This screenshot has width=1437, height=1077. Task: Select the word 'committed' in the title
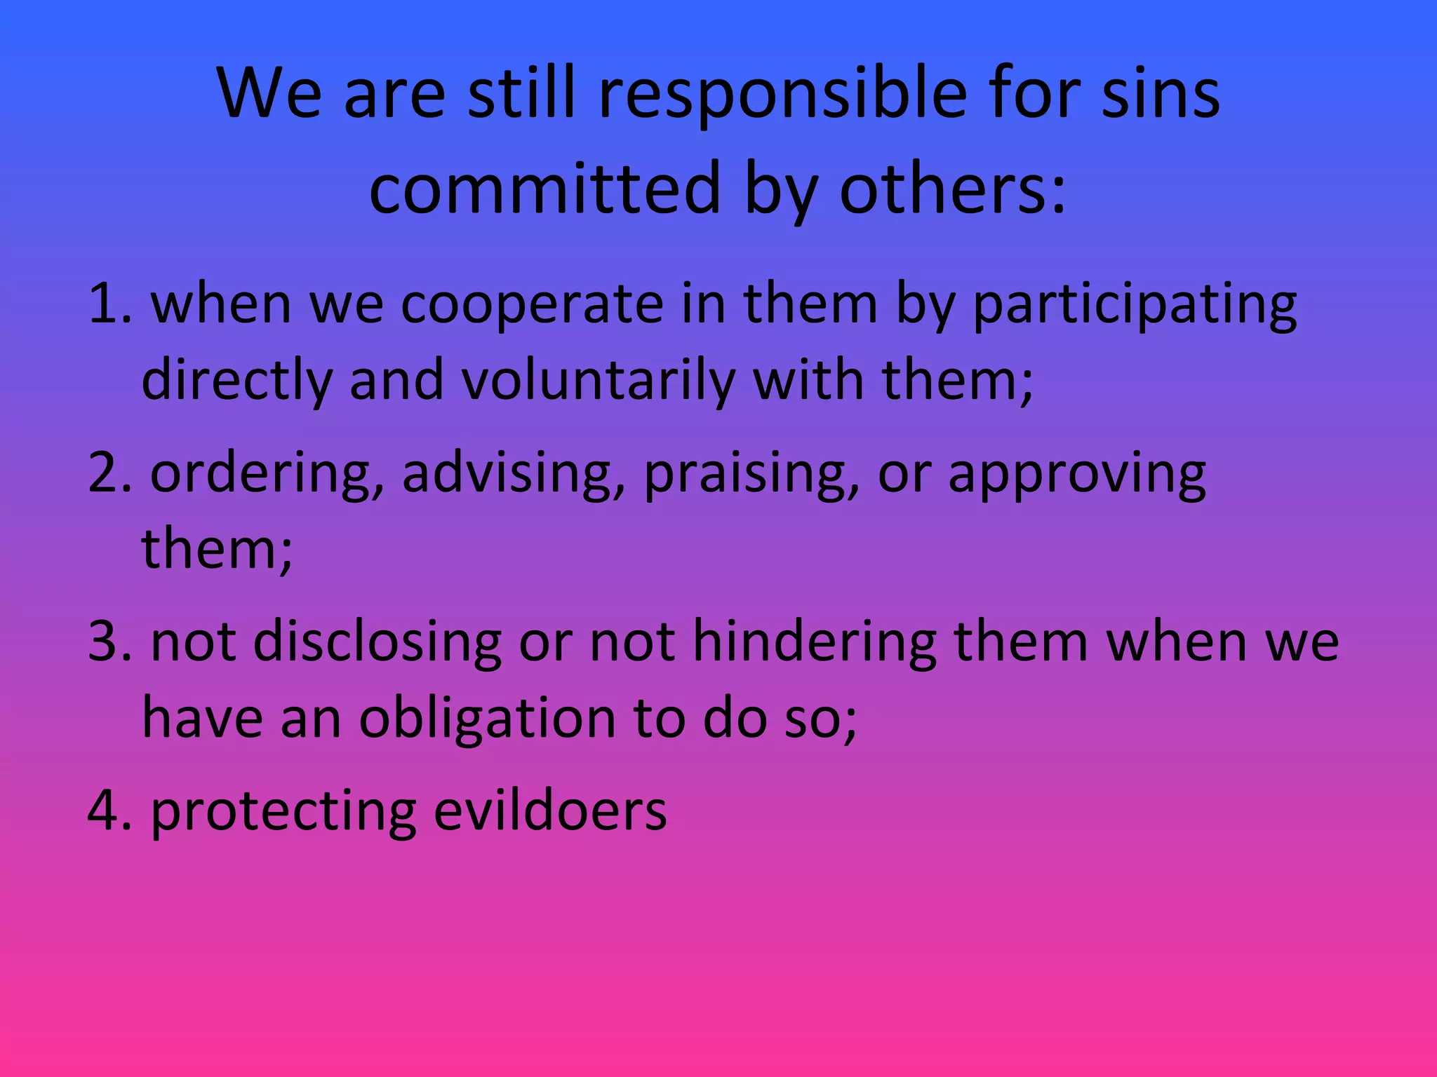544,188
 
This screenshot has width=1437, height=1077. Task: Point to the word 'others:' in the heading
953,188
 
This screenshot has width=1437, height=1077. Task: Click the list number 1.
109,305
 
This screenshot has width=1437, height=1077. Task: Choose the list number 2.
109,473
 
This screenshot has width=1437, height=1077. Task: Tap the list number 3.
109,642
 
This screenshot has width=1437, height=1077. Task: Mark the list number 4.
109,811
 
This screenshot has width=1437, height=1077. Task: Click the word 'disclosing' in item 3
377,643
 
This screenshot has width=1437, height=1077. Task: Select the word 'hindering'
815,643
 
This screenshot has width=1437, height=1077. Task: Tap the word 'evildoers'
550,811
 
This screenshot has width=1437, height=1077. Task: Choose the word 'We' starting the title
269,95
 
